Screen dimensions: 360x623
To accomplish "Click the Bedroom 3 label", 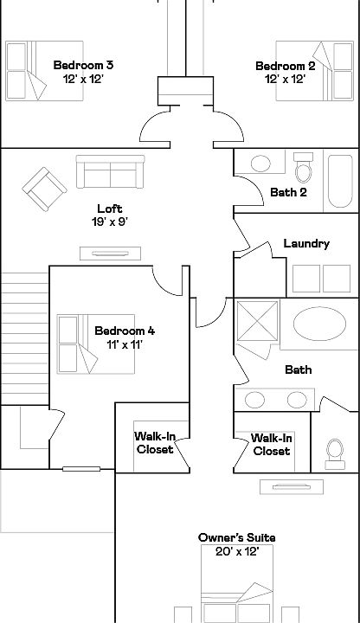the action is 83,65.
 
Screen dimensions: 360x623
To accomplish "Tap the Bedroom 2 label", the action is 286,66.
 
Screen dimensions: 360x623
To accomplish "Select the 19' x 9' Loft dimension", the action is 110,222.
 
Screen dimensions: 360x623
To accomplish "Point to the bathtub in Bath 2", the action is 341,181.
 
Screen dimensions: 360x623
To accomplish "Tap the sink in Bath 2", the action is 260,164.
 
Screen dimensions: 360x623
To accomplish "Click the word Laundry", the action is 306,243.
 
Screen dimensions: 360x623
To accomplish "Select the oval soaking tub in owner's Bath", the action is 319,324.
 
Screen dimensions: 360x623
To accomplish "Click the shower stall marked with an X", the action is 258,321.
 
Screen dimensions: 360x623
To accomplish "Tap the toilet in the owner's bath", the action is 335,454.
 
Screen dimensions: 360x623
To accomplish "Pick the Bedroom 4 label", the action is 125,331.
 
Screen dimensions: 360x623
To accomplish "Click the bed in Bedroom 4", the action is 96,344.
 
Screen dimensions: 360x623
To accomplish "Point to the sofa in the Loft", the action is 111,171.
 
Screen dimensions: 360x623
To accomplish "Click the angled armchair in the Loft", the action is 44,189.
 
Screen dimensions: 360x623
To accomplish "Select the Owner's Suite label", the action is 237,537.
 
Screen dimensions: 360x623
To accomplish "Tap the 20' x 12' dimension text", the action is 237,551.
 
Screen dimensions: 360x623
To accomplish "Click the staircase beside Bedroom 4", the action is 24,338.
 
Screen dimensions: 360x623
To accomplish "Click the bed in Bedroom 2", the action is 315,71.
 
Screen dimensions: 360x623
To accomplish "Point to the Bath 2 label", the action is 288,192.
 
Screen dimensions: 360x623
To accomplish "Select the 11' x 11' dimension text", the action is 125,344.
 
